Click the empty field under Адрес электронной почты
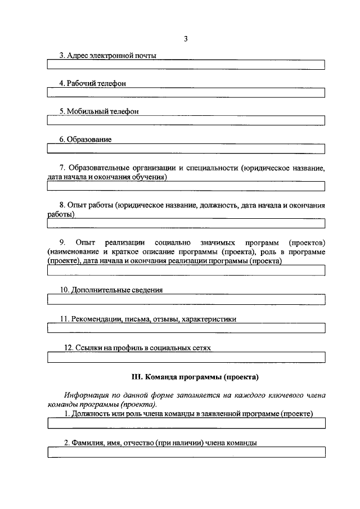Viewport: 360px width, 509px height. [186, 65]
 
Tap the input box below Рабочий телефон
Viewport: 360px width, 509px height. [186, 93]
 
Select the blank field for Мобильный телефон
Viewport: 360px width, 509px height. [186, 120]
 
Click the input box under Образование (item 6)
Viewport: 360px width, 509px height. [186, 148]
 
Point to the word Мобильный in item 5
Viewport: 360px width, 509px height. [84, 111]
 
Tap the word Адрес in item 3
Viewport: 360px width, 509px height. [76, 56]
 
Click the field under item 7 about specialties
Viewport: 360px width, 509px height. [186, 186]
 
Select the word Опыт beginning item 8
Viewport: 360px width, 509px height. [75, 205]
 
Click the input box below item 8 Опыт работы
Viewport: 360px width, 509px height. [186, 224]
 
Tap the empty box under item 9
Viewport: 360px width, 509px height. [186, 271]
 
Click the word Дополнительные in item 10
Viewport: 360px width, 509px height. [98, 290]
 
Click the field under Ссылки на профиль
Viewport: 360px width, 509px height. [186, 357]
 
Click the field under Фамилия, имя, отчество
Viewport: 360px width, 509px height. [186, 452]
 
